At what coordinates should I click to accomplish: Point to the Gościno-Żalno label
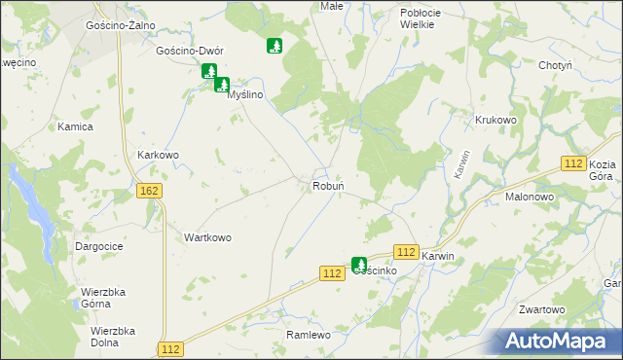pyautogui.click(x=122, y=25)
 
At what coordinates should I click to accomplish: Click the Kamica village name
pyautogui.click(x=75, y=127)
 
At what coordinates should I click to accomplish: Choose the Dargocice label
pyautogui.click(x=98, y=247)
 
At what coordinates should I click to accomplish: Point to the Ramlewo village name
pyautogui.click(x=310, y=335)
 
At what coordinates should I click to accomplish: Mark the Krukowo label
pyautogui.click(x=495, y=120)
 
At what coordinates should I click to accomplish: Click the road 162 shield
pyautogui.click(x=149, y=192)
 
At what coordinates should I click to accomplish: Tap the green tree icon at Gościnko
pyautogui.click(x=359, y=264)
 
